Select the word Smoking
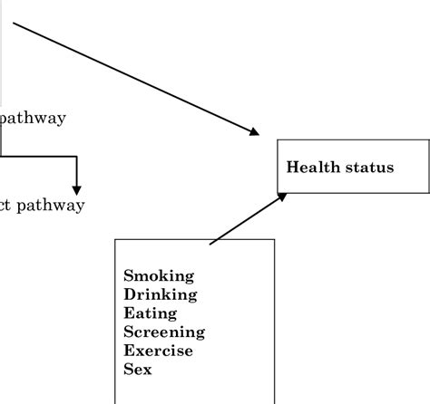158,275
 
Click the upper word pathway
34,119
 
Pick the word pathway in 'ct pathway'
53,206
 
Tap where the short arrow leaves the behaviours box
210,243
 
